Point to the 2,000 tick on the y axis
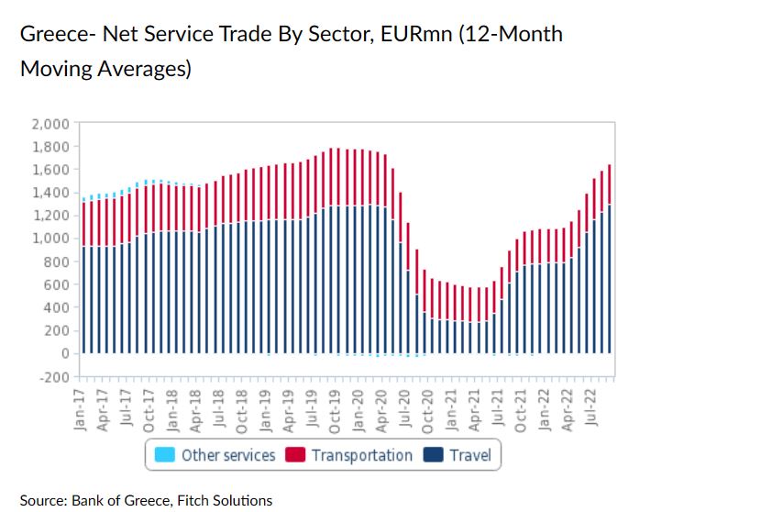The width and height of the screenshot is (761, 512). [x=51, y=124]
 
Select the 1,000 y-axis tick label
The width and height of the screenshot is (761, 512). [x=51, y=239]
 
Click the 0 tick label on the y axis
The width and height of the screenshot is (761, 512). [x=64, y=353]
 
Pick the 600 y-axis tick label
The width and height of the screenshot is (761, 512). [x=57, y=284]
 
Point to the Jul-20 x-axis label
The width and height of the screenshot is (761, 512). [x=408, y=403]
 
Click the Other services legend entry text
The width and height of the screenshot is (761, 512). [x=228, y=455]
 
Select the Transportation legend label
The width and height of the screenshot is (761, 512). [x=362, y=455]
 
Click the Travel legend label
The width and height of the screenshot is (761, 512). [x=470, y=455]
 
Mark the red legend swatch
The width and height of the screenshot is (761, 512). [x=295, y=455]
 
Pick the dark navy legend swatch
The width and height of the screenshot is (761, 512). [x=433, y=455]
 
